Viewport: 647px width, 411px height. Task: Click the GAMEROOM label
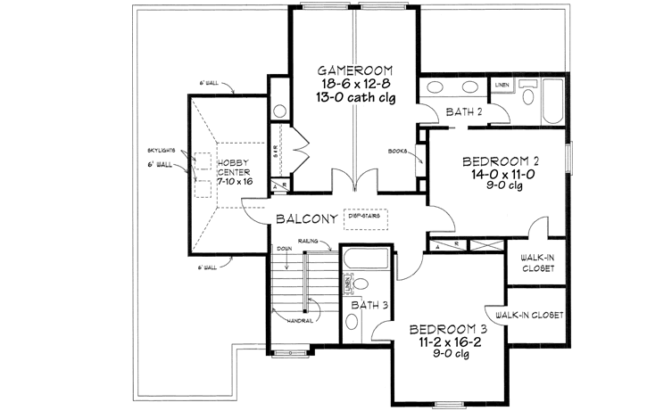[356, 69]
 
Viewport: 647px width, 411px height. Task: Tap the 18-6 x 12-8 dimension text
[356, 83]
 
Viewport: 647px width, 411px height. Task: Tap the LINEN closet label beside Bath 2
[502, 85]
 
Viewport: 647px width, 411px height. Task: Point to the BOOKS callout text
[398, 151]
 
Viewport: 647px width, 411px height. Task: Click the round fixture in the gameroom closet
[278, 111]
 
